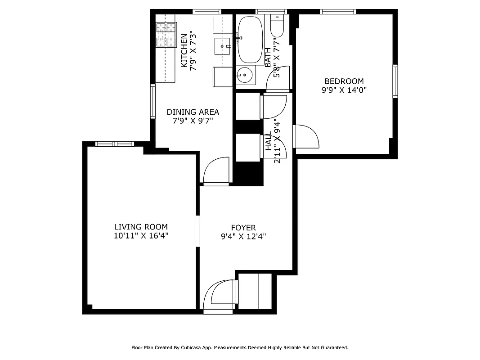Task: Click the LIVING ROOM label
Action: coord(141,227)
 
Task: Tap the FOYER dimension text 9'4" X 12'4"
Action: coord(243,237)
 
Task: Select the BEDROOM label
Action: coord(344,81)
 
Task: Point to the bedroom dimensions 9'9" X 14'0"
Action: coord(344,90)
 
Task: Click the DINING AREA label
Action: coord(193,112)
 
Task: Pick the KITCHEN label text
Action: coord(184,50)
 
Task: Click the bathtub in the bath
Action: coord(250,40)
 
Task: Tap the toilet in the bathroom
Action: coord(277,27)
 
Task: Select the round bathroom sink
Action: coord(245,75)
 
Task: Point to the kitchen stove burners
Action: coord(166,35)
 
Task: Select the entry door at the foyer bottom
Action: coord(219,295)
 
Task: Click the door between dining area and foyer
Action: coord(216,171)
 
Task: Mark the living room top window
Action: coord(115,144)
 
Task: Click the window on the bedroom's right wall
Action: coord(395,81)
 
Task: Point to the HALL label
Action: coord(269,141)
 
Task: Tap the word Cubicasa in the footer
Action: coord(193,347)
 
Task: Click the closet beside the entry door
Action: coord(255,291)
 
